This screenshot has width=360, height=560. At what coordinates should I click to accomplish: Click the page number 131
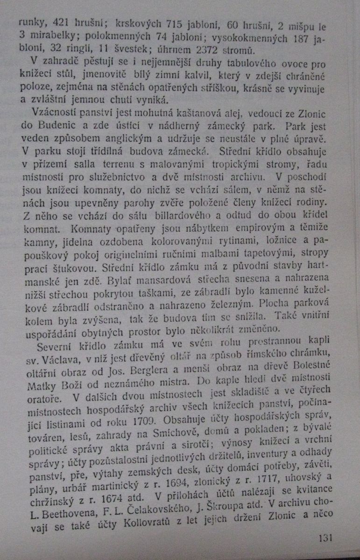(x=325, y=538)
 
